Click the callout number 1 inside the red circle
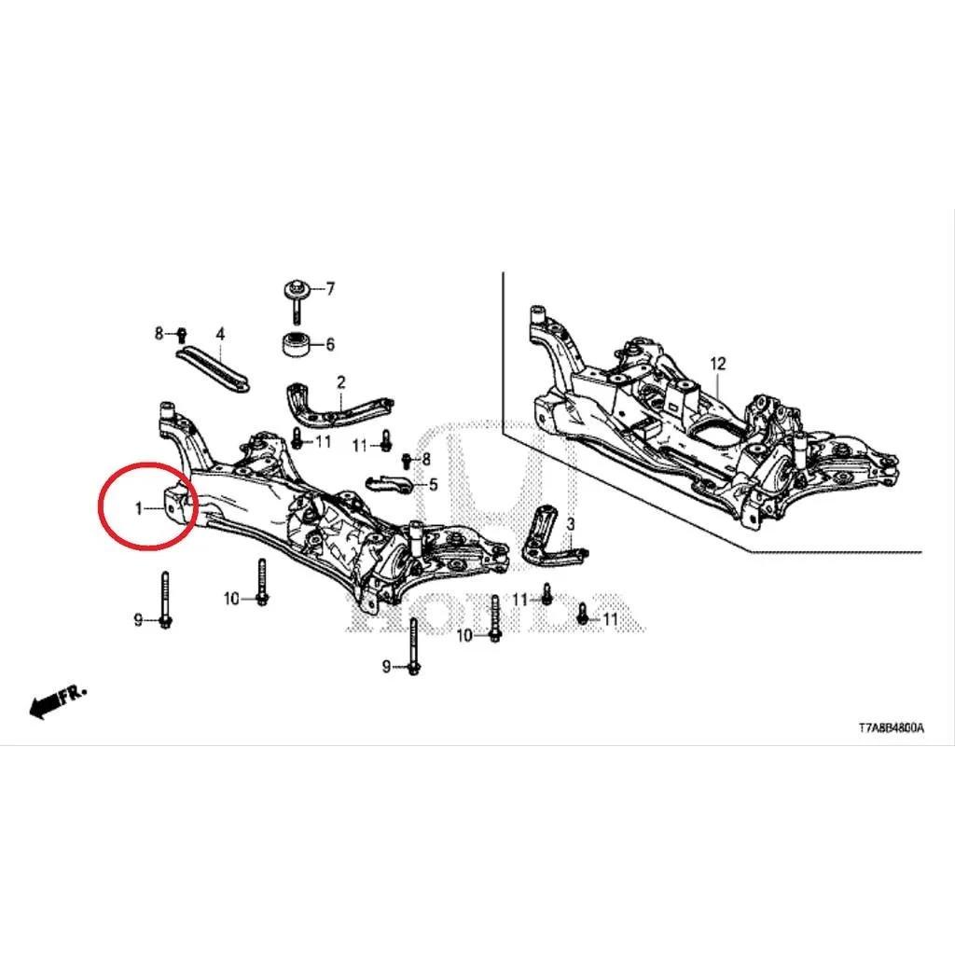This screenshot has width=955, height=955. coord(138,508)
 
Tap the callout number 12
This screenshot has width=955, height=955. coord(718,364)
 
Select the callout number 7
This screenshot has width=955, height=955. coord(330,288)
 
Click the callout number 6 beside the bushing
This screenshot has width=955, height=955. coord(330,345)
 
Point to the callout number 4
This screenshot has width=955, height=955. coord(220,334)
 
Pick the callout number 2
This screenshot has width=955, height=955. coord(341,381)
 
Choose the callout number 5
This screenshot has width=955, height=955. coord(433,485)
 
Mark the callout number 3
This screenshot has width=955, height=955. coord(571,524)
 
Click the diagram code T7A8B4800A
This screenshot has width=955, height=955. coord(891,727)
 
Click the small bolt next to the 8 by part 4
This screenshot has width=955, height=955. coord(182,335)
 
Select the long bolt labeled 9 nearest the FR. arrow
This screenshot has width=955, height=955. coord(165,601)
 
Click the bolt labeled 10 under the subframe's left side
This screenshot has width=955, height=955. coord(262,582)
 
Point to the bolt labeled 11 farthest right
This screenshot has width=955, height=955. coord(583,614)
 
